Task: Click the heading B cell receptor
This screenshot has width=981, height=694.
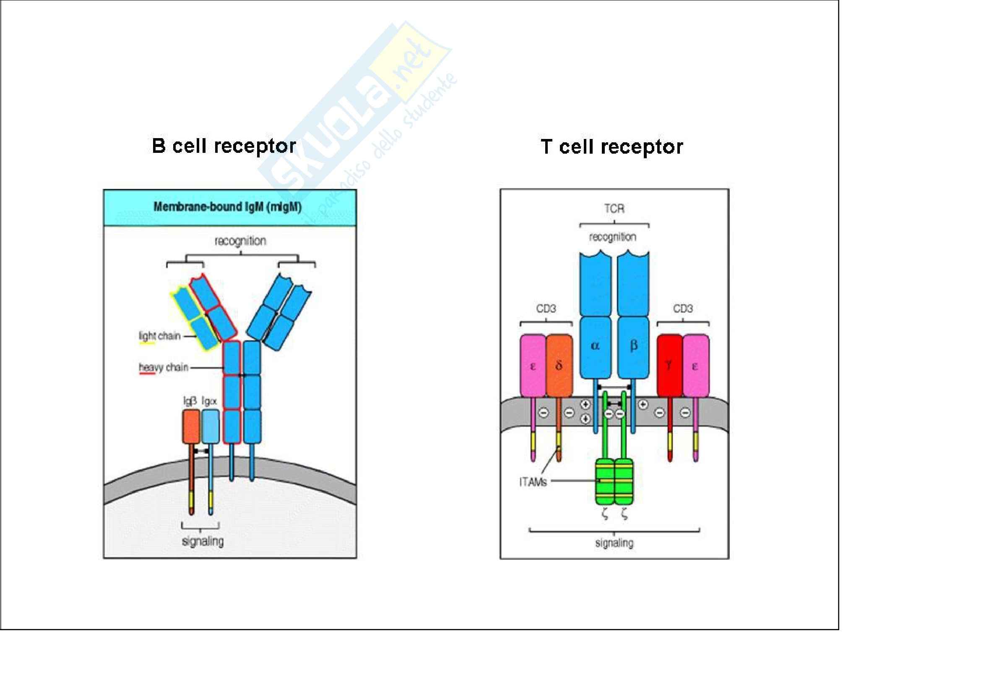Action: (x=224, y=146)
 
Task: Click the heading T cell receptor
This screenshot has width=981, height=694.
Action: (x=611, y=147)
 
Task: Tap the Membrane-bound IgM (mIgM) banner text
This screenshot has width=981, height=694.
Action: (x=227, y=207)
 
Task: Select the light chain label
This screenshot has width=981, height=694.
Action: (x=159, y=336)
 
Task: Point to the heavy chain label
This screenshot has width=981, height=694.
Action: (x=163, y=367)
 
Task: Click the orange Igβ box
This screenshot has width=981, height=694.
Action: (x=191, y=426)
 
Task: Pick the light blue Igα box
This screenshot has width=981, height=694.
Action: (x=210, y=426)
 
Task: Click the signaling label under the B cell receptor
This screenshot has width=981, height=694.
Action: (x=203, y=541)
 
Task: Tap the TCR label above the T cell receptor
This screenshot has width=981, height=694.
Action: (x=614, y=209)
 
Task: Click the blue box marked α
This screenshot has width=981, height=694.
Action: (x=595, y=346)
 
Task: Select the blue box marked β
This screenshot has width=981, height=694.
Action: (x=633, y=346)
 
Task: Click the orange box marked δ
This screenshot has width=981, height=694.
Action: (x=559, y=366)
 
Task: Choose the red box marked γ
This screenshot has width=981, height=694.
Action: (x=669, y=366)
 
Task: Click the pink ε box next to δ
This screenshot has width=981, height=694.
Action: (x=533, y=366)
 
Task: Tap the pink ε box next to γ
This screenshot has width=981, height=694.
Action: (x=695, y=366)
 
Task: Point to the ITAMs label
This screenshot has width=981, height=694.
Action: (x=533, y=482)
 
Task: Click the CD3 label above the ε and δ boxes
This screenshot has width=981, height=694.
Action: (x=546, y=309)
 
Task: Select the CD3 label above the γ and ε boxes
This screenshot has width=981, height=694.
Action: (x=682, y=309)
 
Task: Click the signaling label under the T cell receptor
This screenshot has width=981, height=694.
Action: (x=614, y=543)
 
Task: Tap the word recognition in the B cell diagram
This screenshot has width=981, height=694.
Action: (x=240, y=241)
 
